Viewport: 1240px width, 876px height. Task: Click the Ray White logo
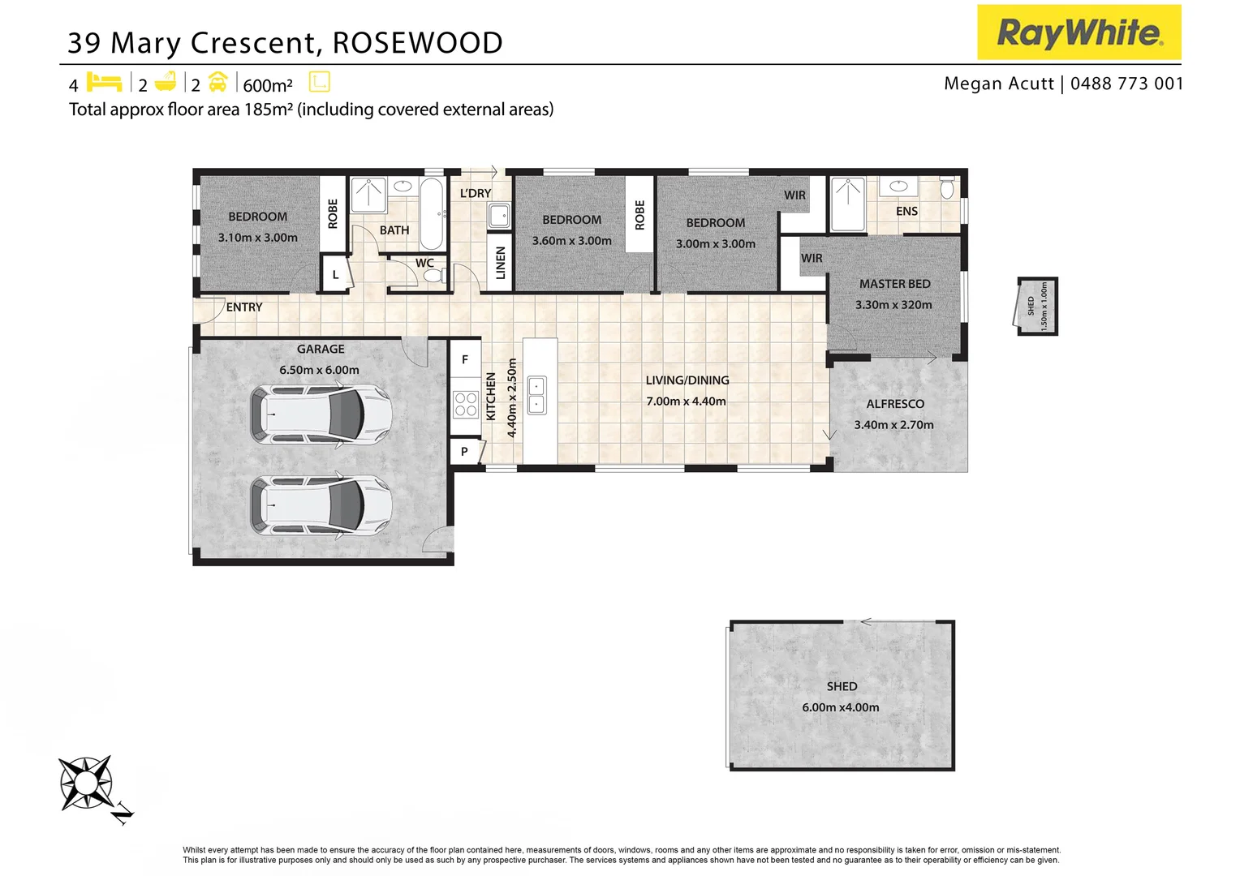pyautogui.click(x=1079, y=32)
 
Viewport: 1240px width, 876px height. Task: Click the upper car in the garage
pyautogui.click(x=321, y=414)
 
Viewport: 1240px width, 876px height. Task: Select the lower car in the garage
pyautogui.click(x=321, y=505)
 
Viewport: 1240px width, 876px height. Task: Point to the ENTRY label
pyautogui.click(x=244, y=307)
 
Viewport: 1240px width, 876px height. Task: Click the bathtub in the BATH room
pyautogui.click(x=432, y=213)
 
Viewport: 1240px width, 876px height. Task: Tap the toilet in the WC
pyautogui.click(x=435, y=275)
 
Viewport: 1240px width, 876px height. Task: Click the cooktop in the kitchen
pyautogui.click(x=466, y=404)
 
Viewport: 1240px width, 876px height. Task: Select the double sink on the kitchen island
pyautogui.click(x=536, y=395)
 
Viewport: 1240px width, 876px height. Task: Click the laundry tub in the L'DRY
pyautogui.click(x=499, y=215)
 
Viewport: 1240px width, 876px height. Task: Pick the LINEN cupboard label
pyautogui.click(x=501, y=263)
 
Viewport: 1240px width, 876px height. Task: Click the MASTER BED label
pyautogui.click(x=894, y=284)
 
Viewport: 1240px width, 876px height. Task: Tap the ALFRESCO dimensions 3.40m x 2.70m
pyautogui.click(x=893, y=425)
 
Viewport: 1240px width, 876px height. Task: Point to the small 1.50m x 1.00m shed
pyautogui.click(x=1037, y=306)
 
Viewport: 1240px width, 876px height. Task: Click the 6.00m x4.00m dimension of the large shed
pyautogui.click(x=840, y=707)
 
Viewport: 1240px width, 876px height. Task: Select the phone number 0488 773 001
pyautogui.click(x=1126, y=84)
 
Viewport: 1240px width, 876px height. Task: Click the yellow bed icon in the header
pyautogui.click(x=104, y=82)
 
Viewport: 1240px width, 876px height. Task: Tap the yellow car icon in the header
pyautogui.click(x=218, y=82)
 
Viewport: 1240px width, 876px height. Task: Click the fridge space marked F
pyautogui.click(x=465, y=359)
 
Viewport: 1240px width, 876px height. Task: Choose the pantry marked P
pyautogui.click(x=465, y=452)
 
